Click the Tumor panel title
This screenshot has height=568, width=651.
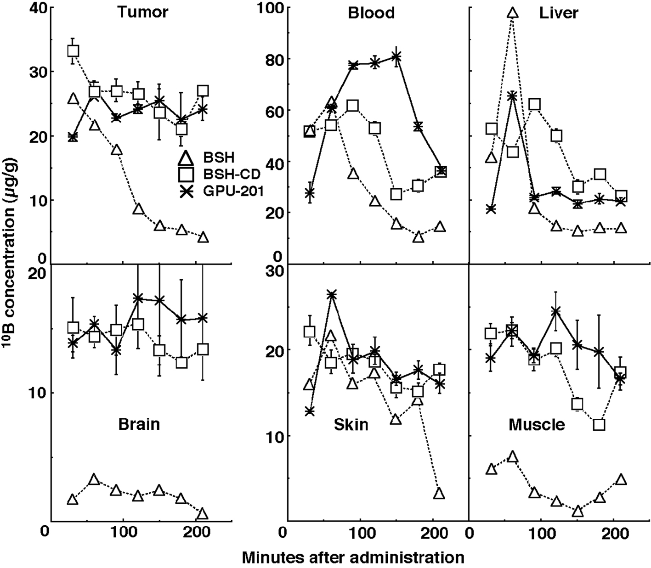tap(142, 12)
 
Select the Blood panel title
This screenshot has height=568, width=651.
tap(371, 12)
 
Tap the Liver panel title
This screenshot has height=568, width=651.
tap(559, 12)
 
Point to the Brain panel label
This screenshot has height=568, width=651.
tap(139, 423)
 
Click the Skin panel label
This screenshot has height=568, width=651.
tap(351, 424)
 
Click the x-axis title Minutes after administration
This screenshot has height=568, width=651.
tap(353, 557)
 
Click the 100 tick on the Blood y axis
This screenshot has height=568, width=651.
tap(268, 8)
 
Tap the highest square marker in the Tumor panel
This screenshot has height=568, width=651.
tap(73, 51)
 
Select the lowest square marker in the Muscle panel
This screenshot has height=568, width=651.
tap(599, 425)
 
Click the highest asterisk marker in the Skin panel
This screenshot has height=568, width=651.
tap(332, 294)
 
